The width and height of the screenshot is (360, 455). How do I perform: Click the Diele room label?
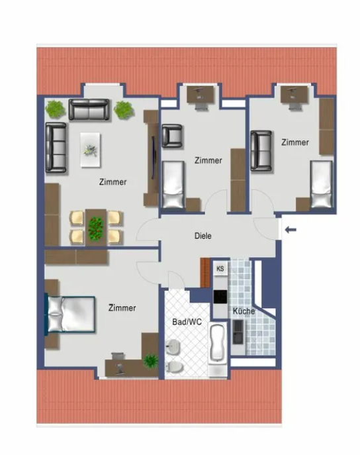(x=203, y=236)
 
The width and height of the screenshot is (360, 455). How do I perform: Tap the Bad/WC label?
(x=187, y=322)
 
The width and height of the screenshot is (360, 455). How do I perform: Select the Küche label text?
(x=244, y=311)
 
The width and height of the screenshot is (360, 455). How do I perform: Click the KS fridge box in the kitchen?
(x=220, y=269)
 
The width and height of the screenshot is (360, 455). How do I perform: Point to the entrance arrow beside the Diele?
(x=291, y=230)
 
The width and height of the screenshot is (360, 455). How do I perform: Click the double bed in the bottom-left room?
(x=70, y=314)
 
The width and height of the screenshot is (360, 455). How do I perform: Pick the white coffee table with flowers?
(x=91, y=150)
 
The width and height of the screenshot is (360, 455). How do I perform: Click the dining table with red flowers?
(x=96, y=228)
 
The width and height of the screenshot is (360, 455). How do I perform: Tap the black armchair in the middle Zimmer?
(x=172, y=136)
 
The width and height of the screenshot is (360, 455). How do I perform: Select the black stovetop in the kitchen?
(x=220, y=297)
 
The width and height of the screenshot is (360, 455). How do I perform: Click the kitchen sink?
(x=238, y=332)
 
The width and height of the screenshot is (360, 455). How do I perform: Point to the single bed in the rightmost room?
(x=321, y=184)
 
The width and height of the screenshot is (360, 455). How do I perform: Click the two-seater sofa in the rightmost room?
(x=261, y=150)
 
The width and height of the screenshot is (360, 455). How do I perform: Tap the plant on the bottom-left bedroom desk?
(x=151, y=361)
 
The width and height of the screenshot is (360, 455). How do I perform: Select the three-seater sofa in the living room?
(x=56, y=148)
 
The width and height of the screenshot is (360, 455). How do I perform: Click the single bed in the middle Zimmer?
(x=173, y=185)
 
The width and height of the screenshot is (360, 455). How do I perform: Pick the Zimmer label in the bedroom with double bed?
(x=122, y=308)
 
